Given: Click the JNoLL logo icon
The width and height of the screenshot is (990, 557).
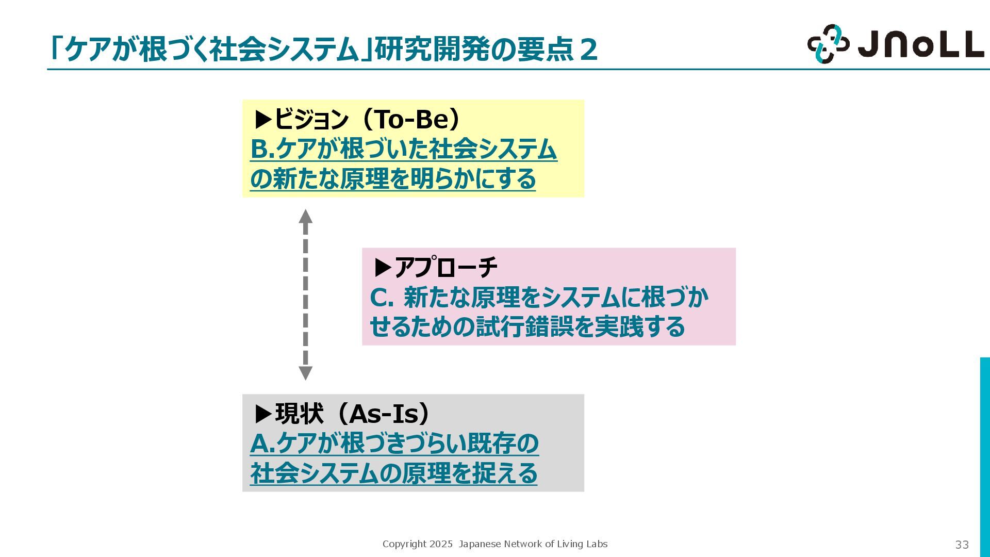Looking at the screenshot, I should (828, 44).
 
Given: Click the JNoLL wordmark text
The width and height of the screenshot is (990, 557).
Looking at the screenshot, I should (921, 44).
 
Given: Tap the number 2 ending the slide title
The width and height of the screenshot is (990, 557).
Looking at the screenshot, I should (588, 50).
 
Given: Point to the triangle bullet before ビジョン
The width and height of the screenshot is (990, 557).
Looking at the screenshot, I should (263, 120).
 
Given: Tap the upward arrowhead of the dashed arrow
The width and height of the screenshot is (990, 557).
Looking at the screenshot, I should (306, 216).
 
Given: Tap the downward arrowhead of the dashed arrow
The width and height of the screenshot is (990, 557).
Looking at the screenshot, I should (306, 373).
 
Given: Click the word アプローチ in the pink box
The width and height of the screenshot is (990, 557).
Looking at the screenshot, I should (446, 267).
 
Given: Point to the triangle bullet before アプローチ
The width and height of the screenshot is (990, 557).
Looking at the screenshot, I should (383, 267).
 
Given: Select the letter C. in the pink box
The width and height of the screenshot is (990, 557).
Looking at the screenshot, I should (382, 297).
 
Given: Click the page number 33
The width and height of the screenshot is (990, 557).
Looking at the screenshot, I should (962, 545).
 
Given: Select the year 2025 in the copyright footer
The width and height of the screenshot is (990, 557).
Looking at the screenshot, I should (441, 544).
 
